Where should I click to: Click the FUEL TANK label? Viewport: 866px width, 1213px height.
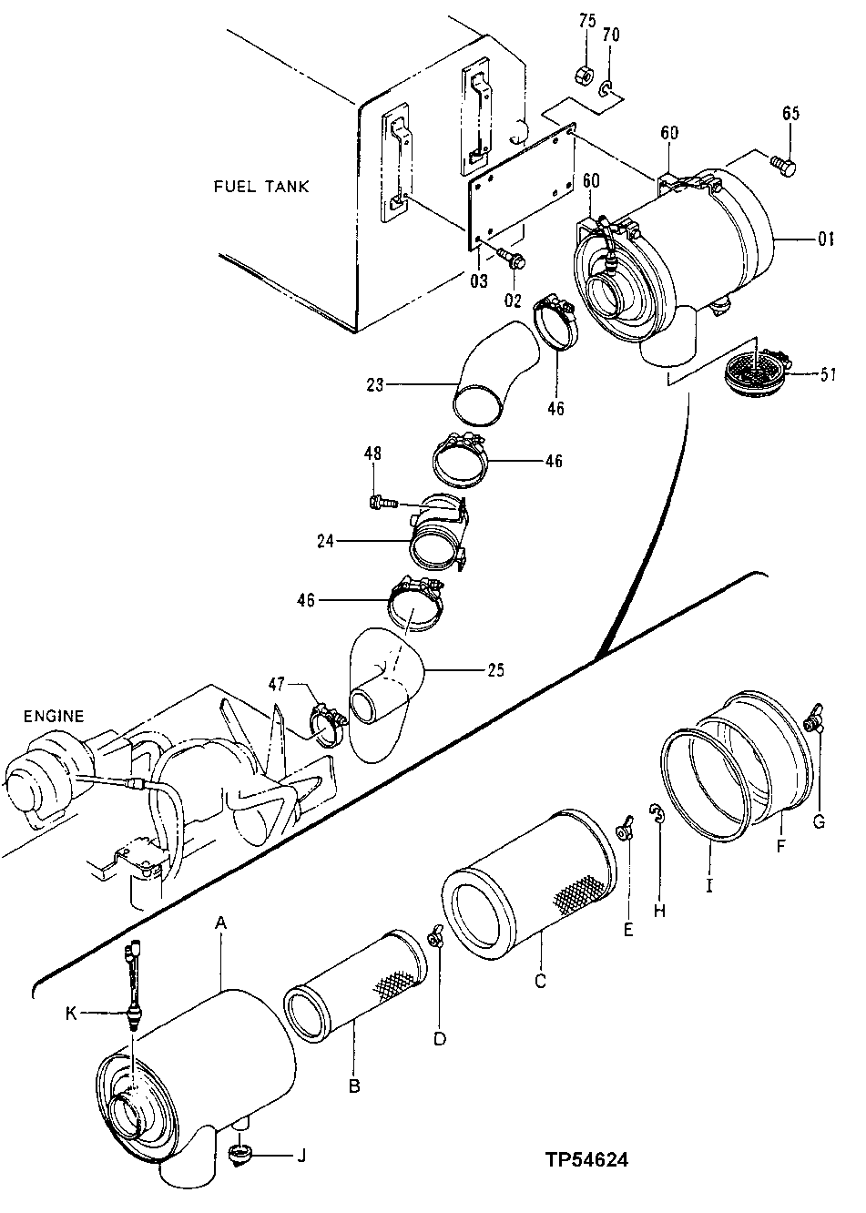pos(261,187)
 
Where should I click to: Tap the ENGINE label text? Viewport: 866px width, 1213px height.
pos(53,717)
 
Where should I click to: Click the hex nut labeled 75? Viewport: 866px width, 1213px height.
pos(586,73)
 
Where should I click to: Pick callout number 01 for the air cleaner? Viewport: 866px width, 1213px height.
pos(825,240)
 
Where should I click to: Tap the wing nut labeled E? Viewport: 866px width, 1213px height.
pos(626,831)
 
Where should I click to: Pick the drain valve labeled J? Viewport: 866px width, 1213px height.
pos(240,1157)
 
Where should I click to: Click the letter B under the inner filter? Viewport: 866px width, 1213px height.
pos(353,1086)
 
